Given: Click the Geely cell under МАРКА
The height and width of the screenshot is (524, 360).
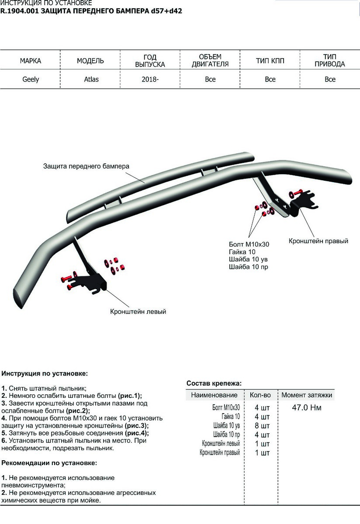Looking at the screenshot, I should pos(31,79).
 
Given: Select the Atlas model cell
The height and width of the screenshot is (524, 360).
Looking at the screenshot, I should pos(91,79).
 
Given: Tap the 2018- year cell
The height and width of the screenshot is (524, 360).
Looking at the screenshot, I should pos(150,79).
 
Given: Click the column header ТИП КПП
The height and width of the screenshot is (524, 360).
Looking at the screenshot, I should pos(270,61).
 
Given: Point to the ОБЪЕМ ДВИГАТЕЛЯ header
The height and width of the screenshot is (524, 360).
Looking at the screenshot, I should pos(210,61).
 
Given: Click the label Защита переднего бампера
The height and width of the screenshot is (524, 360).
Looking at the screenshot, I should pos(87,166).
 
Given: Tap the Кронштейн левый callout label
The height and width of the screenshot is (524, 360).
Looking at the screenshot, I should pos(138,312).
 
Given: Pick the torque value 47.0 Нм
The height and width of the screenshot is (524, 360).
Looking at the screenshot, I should pos(307,408).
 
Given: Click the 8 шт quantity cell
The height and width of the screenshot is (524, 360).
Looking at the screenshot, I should pos(262,426).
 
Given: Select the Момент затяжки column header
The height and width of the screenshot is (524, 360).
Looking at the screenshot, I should pos(307,395).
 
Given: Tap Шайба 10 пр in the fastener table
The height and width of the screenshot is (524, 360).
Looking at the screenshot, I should pos(226,435).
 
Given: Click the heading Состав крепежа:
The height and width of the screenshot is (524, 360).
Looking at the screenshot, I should pos(214,383).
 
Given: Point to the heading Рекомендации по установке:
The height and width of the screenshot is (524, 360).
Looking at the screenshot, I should pos(49,462).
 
